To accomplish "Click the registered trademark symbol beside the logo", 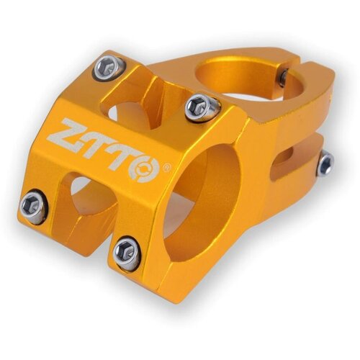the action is pos(167,167).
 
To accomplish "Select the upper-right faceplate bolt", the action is pos(203,107).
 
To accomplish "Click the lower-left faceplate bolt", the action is pos(34,206).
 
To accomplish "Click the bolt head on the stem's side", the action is pos(326,163).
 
